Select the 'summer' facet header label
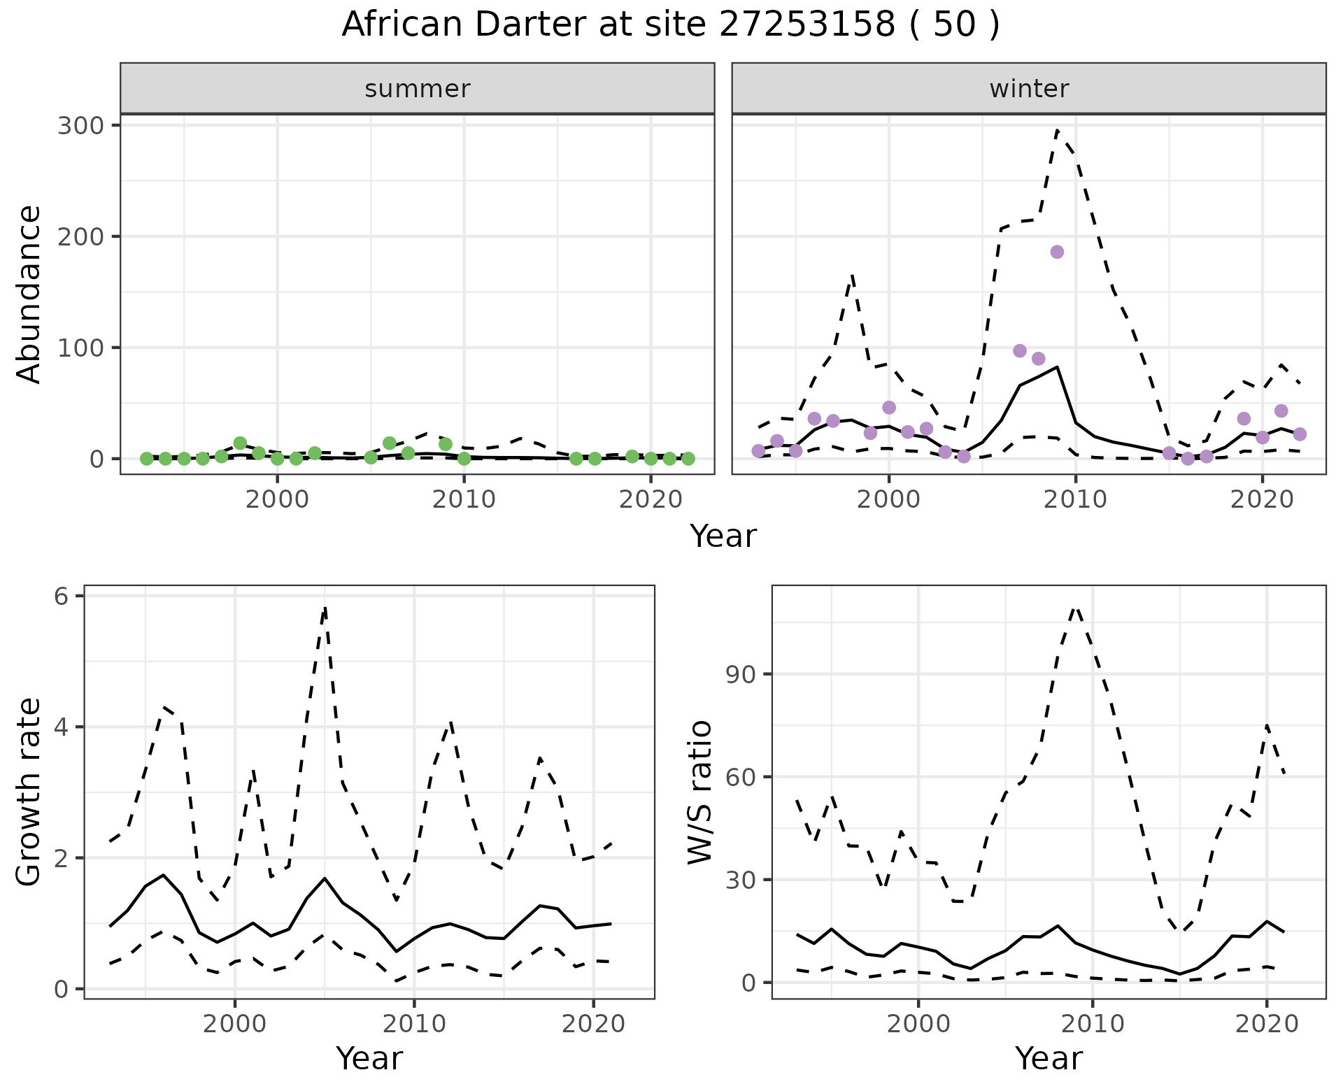(x=418, y=89)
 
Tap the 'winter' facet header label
(x=1029, y=89)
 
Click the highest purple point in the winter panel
(x=1057, y=252)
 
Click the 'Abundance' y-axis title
(x=29, y=294)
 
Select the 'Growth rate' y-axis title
(x=29, y=792)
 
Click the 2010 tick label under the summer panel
(x=464, y=499)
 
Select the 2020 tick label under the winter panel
(x=1262, y=499)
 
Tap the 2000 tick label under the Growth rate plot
(x=235, y=1024)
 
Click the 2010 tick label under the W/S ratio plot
(x=1092, y=1024)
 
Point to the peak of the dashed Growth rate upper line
(x=325, y=607)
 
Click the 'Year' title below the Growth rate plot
(x=369, y=1059)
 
